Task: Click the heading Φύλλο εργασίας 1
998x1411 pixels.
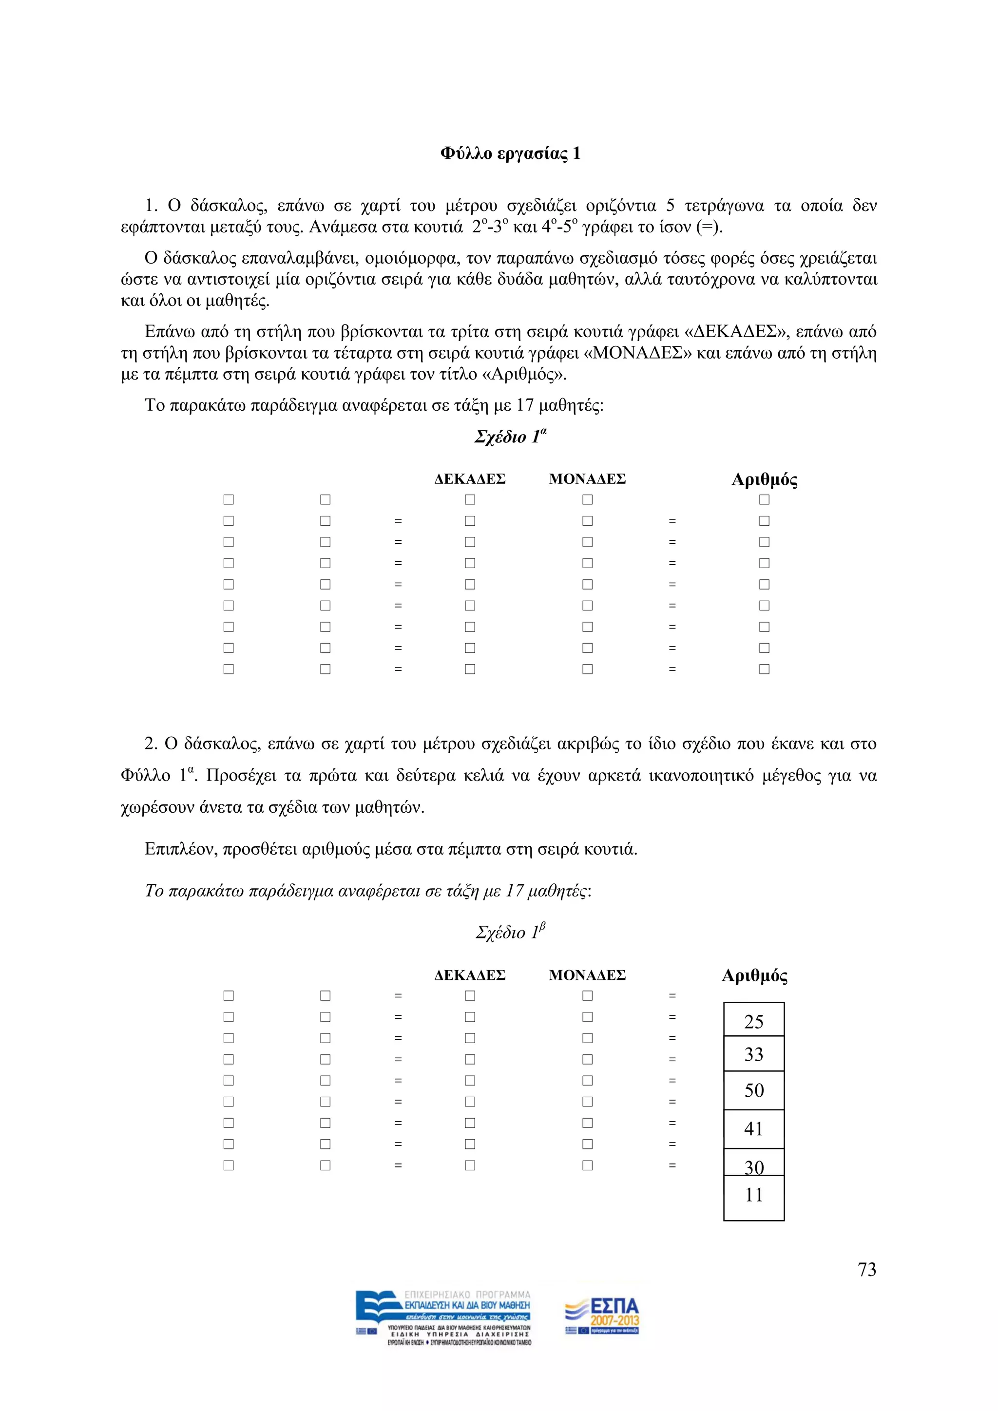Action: click(510, 153)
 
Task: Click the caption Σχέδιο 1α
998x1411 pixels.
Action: click(510, 437)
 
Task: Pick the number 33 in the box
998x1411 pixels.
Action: click(753, 1054)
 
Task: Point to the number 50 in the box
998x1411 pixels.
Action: click(753, 1090)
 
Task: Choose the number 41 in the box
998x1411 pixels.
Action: click(753, 1128)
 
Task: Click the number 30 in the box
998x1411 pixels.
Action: click(754, 1167)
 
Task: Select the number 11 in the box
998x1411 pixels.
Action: click(753, 1195)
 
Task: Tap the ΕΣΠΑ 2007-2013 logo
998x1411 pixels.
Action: click(602, 1316)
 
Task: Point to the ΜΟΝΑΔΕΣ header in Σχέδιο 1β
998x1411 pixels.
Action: click(587, 975)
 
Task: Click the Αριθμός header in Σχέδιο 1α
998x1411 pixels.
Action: click(764, 479)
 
